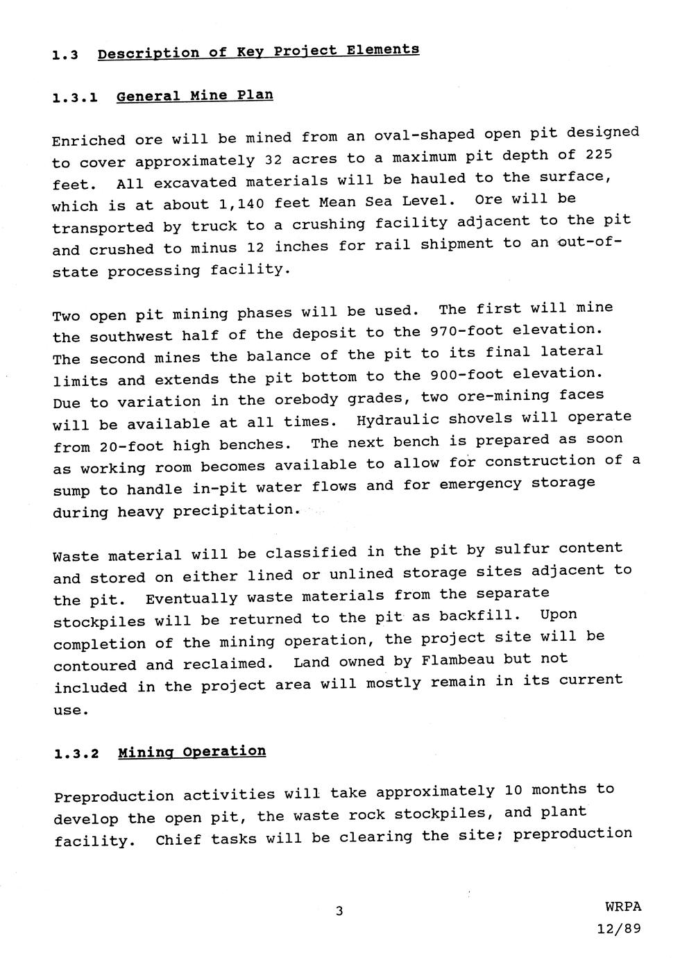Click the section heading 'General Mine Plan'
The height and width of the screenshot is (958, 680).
point(194,95)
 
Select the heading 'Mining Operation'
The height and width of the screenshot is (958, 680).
point(192,752)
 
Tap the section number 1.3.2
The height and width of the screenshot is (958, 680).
point(76,755)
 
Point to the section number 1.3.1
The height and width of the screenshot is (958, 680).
point(74,98)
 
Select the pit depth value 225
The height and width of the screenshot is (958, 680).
point(599,153)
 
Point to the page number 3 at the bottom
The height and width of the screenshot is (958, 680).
point(339,911)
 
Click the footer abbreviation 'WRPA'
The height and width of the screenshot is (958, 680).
point(623,907)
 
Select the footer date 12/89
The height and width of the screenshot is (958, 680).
point(619,929)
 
